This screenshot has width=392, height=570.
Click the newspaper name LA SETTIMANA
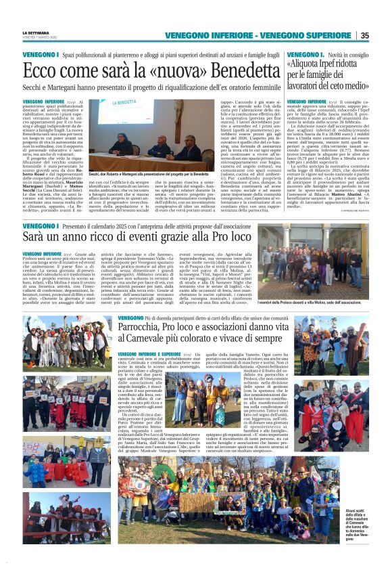point(36,32)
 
